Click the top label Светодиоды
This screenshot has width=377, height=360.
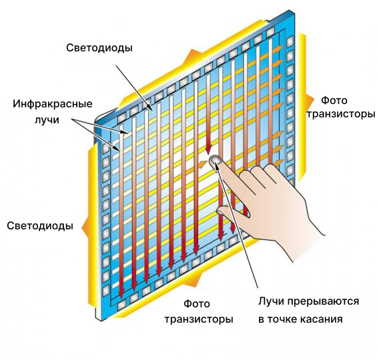[99, 48]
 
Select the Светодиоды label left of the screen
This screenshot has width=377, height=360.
[40, 226]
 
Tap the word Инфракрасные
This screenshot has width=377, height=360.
[53, 104]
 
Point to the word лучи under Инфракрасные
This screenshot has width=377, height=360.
[47, 119]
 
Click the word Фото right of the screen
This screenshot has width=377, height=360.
[334, 101]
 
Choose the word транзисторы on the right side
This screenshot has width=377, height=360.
[341, 114]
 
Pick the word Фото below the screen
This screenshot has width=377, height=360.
[197, 304]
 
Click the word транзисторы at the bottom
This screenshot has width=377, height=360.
[199, 319]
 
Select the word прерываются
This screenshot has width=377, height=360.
[324, 301]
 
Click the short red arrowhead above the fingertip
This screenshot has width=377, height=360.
[208, 149]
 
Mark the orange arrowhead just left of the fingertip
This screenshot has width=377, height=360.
[203, 165]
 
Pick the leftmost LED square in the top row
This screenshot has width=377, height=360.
[121, 117]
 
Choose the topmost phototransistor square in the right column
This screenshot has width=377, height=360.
[290, 41]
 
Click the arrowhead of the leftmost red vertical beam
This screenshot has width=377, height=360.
[121, 292]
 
